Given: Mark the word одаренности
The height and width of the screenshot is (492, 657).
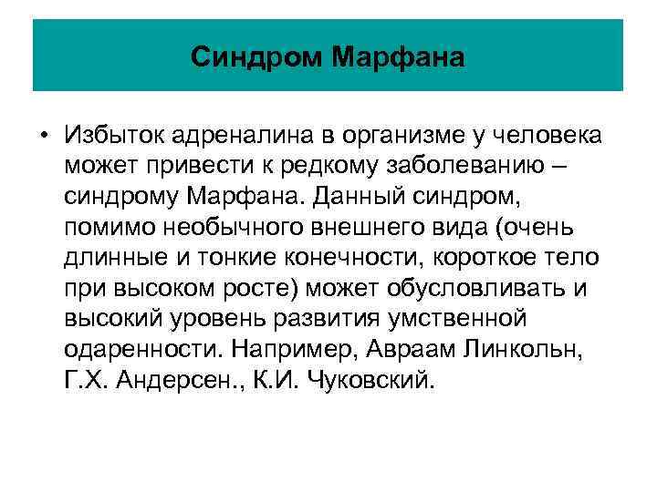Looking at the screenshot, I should [143, 349].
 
